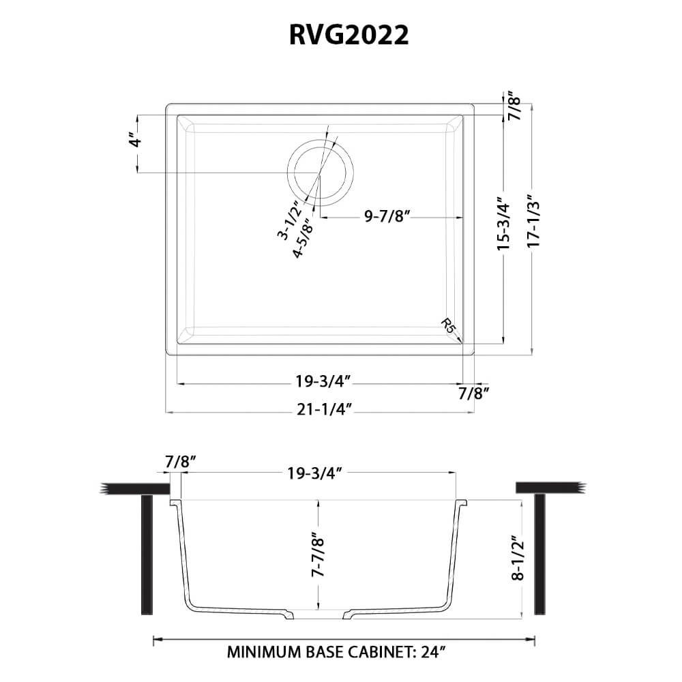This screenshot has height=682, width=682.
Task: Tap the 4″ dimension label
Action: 137,143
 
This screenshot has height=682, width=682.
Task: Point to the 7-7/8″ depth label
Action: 318,555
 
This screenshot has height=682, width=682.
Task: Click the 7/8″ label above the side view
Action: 181,462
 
